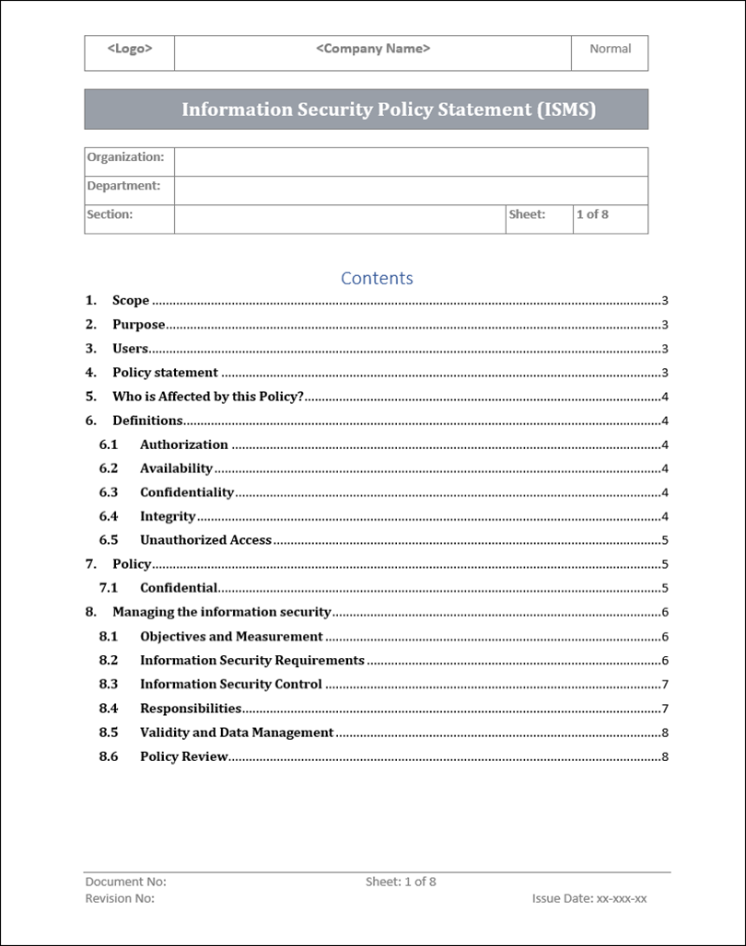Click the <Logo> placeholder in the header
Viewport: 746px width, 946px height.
click(x=130, y=49)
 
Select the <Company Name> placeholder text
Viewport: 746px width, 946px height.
click(x=373, y=49)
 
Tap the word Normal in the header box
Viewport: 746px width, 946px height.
click(x=610, y=49)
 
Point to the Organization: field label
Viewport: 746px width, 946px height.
click(x=125, y=157)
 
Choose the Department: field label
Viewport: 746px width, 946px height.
click(x=123, y=186)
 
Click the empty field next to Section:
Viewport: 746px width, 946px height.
click(x=339, y=219)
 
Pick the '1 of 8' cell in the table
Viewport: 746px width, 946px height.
click(x=592, y=214)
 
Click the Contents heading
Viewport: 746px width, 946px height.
click(x=377, y=278)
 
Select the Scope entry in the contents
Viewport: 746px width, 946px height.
click(x=131, y=301)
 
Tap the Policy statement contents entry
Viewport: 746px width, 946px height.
click(x=165, y=373)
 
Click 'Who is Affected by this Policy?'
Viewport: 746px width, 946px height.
click(x=208, y=397)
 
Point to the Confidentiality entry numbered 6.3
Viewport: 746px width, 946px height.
click(x=187, y=492)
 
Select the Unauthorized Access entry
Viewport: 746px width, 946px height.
click(x=205, y=540)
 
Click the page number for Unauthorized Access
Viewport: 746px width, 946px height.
click(x=664, y=541)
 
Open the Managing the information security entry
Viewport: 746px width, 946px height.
click(x=221, y=612)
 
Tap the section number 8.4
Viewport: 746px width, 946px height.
click(x=109, y=709)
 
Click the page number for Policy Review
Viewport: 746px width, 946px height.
click(x=664, y=757)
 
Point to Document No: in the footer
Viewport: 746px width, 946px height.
click(x=125, y=882)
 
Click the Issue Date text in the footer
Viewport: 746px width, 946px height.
click(x=589, y=899)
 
